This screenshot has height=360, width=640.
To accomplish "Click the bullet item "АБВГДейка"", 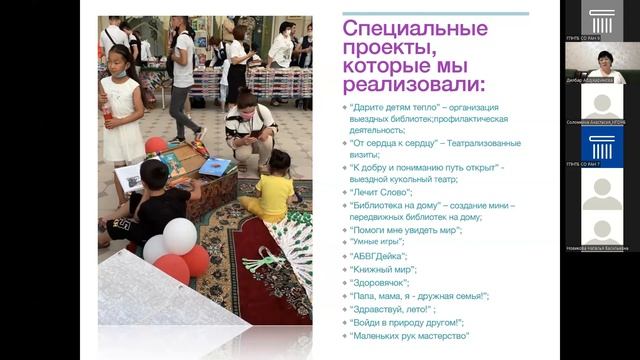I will coord(379,256).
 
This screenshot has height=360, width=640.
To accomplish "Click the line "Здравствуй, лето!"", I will coord(392,309).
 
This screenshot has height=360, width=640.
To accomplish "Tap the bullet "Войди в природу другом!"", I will coord(406,322).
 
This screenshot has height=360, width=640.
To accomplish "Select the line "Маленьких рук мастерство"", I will coord(409,336).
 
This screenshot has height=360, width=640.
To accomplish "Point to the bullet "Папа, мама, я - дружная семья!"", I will coord(419,296).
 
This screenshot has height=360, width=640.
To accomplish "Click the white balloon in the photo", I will coord(180,236).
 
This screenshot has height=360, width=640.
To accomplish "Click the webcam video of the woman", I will coord(604,63).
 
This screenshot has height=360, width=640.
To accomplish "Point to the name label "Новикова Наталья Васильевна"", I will coord(602,248).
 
